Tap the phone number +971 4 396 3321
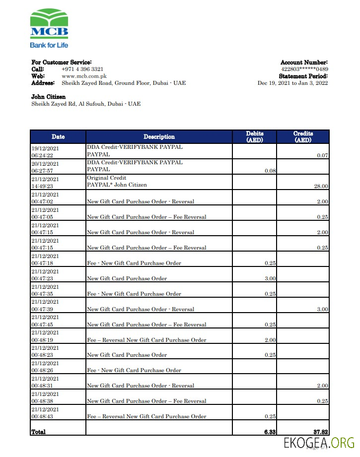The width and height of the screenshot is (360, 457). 82,69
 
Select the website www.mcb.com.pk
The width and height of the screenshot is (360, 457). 84,76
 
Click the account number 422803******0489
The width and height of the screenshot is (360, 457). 304,69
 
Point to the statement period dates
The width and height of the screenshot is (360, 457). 292,83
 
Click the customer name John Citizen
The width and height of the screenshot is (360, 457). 48,97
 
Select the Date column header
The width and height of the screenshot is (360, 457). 58,136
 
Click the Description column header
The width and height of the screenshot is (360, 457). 159,136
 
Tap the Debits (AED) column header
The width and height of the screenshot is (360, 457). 255,136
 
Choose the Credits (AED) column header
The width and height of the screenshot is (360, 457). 303,136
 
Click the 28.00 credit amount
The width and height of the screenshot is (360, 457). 321,186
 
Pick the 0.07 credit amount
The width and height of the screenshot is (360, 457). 323,155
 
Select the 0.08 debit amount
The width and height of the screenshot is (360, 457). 270,171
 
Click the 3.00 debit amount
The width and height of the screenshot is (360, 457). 270,278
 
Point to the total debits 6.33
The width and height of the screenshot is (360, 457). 270,432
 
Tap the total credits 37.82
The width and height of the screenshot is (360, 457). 320,432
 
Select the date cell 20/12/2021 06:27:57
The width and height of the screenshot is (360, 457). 45,167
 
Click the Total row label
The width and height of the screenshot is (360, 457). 38,432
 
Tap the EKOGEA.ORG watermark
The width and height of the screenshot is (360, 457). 319,443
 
